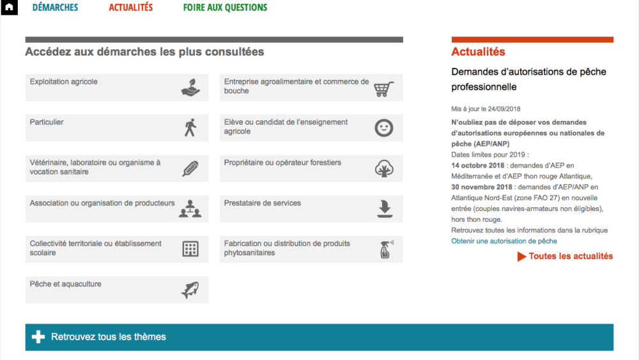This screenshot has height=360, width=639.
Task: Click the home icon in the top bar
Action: pos(9,8)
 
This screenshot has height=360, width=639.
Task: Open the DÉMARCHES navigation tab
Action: pos(55,8)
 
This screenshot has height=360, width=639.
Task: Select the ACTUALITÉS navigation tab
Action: pos(130,8)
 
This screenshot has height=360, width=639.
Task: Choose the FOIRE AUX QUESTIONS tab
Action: pos(225,8)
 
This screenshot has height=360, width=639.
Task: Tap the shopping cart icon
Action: pos(383,88)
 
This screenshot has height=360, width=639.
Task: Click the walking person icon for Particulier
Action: pos(190,128)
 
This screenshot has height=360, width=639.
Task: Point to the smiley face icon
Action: pos(383,128)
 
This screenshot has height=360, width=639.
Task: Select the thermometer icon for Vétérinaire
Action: pos(190,169)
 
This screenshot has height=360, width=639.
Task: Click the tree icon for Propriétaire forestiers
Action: pos(383,169)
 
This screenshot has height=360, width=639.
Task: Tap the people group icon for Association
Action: pos(190,209)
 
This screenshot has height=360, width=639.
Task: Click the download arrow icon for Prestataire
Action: pos(384,209)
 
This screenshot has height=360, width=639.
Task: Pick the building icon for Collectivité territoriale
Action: pos(190,249)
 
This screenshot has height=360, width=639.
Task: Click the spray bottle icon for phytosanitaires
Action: pos(385,249)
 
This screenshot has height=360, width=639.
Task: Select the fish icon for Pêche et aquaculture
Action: pos(190,290)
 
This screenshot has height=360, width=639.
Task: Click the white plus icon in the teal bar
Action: pos(38,337)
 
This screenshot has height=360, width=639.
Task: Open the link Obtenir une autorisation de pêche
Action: pos(504,241)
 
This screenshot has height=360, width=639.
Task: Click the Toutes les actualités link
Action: pos(570,256)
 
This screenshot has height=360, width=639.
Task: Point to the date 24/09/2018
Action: pos(504,109)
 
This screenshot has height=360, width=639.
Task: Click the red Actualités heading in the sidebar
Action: pos(478,52)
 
